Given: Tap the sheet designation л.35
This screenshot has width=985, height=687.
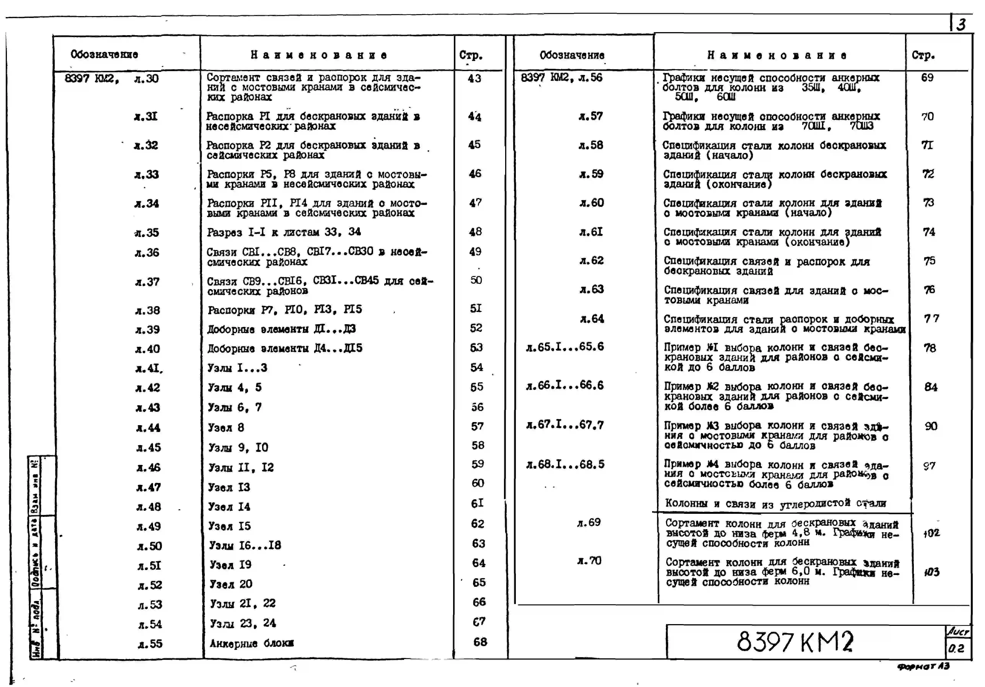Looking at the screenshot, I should [x=147, y=233].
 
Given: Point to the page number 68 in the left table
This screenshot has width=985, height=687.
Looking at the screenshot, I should [x=480, y=642].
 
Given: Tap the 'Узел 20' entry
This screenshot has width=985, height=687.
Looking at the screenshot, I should [x=231, y=584].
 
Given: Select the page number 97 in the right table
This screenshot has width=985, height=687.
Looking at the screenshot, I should [x=929, y=466].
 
